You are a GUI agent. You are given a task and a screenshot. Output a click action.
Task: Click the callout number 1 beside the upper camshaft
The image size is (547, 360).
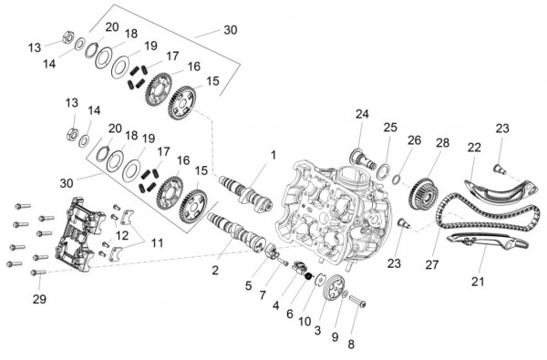271,156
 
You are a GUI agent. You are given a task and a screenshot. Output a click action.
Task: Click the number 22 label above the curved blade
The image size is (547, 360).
473,148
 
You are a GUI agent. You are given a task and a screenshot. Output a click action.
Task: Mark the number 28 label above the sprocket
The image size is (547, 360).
442,144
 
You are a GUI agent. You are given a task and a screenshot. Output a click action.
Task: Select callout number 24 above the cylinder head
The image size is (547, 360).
362,114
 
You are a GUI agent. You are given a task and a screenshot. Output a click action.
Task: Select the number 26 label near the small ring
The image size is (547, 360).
415,141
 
